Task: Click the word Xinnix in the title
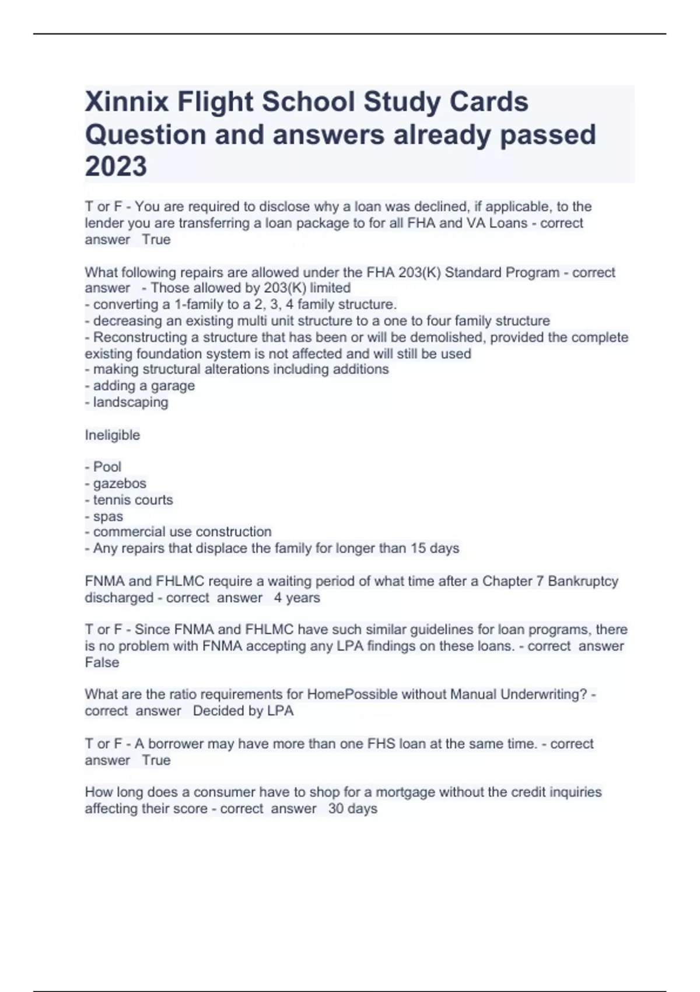pos(126,102)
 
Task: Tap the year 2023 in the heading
pos(116,166)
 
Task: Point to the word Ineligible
pos(112,435)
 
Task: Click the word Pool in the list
pos(107,467)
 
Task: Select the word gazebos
pos(120,484)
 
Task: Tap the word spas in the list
pos(108,516)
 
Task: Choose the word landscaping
pos(131,402)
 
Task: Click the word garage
pos(173,386)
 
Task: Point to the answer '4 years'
pos(297,598)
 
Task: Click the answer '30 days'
pos(352,809)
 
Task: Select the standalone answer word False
pos(102,662)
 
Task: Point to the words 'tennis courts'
pos(133,500)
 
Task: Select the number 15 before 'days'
pos(418,549)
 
